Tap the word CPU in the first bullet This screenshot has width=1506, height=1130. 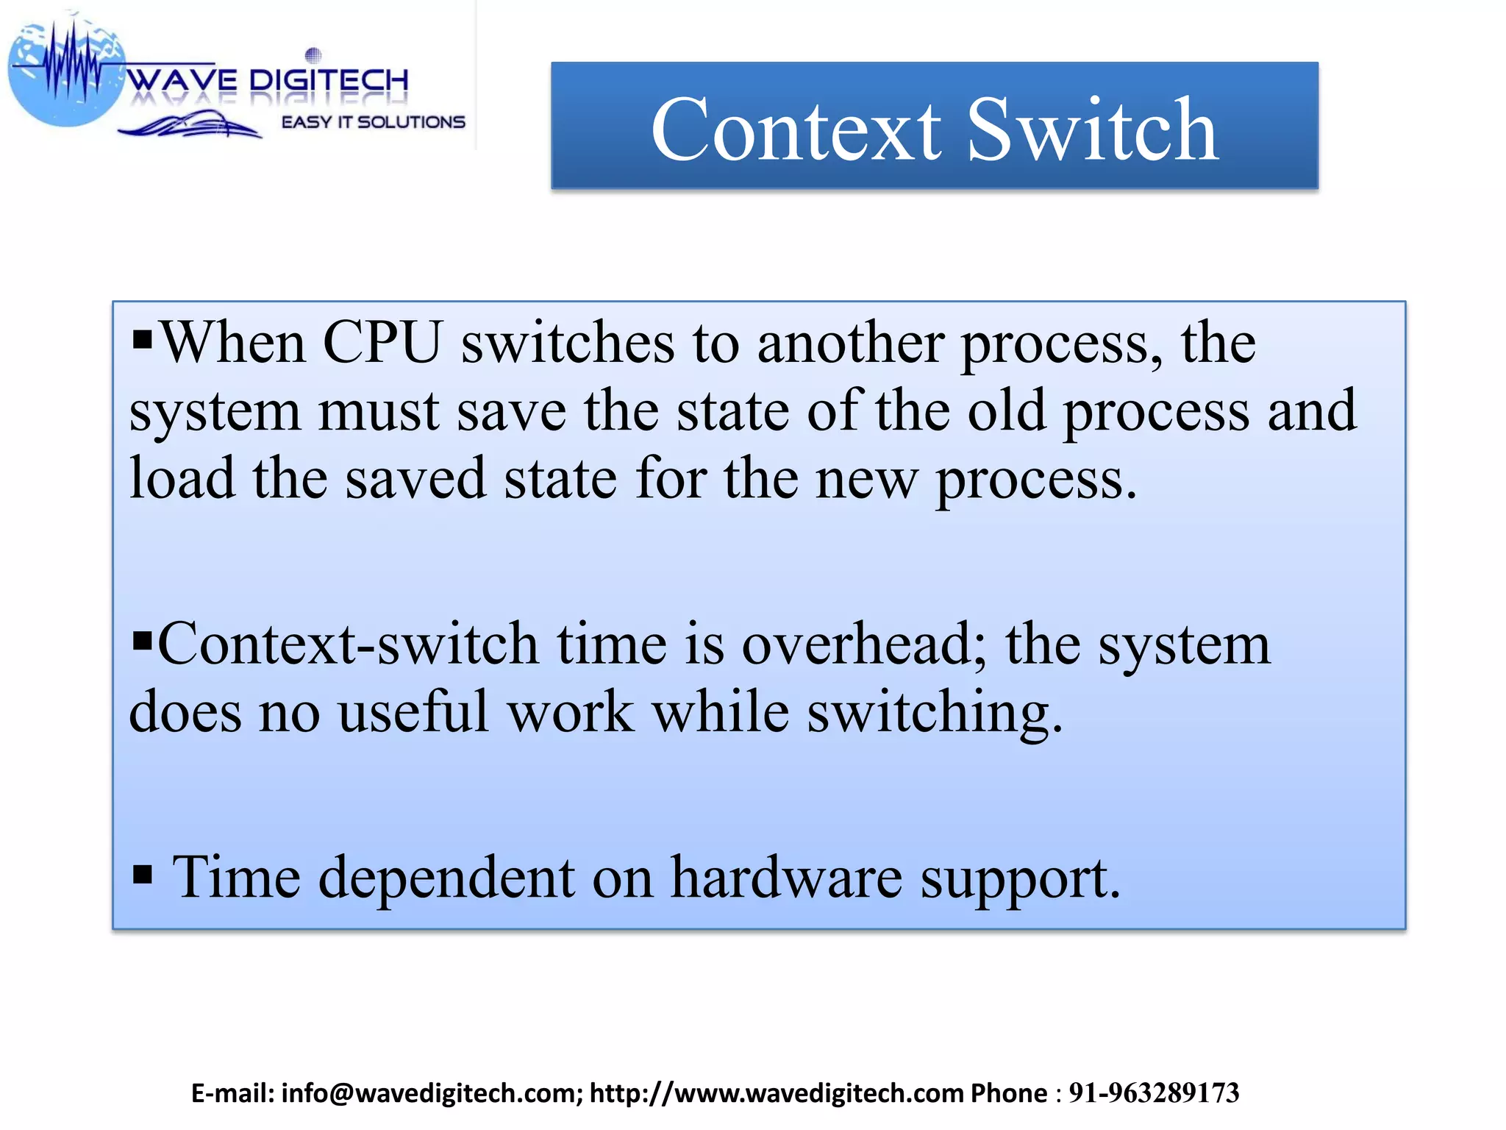click(382, 343)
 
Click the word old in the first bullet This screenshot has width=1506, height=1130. click(1006, 411)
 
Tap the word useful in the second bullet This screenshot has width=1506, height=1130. click(413, 712)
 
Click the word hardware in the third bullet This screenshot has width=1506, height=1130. click(786, 877)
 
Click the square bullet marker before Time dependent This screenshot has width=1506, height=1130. click(143, 875)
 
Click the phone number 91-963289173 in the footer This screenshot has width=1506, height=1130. click(1154, 1093)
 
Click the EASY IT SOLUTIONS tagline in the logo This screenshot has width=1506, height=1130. click(374, 122)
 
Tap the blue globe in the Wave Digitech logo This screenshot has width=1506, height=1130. click(66, 74)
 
